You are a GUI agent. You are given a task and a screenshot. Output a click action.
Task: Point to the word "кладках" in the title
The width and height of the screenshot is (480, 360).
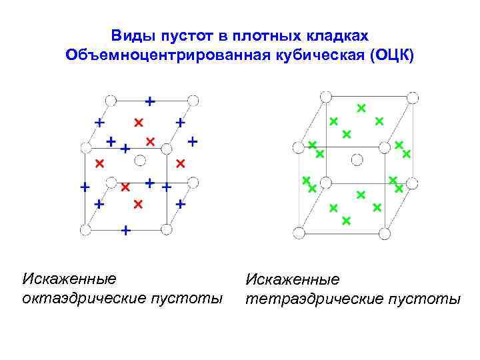point(340,34)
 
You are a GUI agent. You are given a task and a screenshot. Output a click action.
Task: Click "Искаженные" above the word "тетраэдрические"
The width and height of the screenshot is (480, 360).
point(293,279)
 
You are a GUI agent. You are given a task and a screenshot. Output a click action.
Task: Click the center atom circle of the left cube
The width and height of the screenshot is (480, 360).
point(140,159)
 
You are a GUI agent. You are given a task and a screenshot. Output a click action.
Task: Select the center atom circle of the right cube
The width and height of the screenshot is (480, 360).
point(357,159)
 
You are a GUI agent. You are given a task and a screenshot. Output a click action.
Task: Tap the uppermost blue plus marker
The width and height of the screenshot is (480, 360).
point(151,101)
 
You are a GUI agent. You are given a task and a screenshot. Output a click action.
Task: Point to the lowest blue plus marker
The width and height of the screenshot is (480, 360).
point(125,231)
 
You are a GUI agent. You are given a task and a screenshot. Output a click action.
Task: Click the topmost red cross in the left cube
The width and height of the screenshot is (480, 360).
point(138,122)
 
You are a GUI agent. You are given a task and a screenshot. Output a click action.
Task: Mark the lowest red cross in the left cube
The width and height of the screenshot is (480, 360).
point(138,203)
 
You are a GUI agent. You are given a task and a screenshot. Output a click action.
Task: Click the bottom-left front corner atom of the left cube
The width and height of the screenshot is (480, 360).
point(85,230)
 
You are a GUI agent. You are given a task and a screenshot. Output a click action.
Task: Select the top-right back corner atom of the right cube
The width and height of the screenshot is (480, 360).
point(413,97)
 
